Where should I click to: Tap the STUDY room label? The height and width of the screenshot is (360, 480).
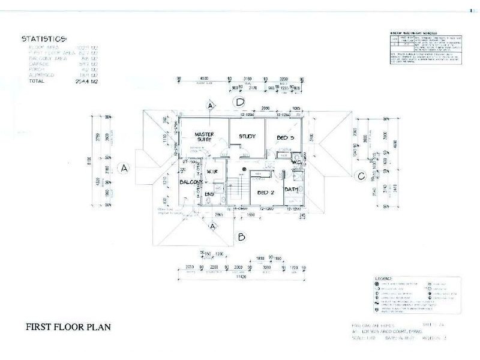(247, 136)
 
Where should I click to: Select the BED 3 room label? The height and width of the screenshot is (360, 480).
(285, 137)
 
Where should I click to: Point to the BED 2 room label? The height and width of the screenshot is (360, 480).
(266, 193)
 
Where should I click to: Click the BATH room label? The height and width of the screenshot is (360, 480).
(291, 190)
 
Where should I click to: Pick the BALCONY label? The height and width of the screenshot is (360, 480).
(190, 182)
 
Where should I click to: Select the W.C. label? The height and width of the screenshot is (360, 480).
(296, 161)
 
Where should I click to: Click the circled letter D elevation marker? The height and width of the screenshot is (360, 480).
(240, 101)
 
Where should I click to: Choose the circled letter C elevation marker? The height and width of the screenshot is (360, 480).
(360, 176)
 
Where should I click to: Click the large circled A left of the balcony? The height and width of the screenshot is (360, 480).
(125, 169)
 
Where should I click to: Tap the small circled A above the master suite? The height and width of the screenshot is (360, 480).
(210, 106)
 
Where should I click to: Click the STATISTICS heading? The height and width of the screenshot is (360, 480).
(43, 38)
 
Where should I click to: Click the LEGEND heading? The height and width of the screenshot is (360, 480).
(383, 279)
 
